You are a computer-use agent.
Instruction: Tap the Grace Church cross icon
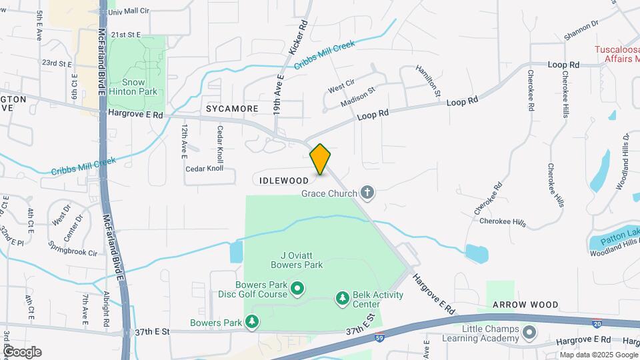pyautogui.click(x=367, y=193)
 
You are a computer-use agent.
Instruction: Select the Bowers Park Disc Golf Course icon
pyautogui.click(x=297, y=289)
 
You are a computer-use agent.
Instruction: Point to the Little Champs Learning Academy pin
pyautogui.click(x=529, y=331)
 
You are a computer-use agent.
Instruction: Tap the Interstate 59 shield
pyautogui.click(x=379, y=337)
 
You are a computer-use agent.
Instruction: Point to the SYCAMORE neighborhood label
pyautogui.click(x=232, y=108)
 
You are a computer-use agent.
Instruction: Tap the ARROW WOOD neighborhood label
pyautogui.click(x=525, y=305)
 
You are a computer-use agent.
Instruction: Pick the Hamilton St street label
pyautogui.click(x=429, y=81)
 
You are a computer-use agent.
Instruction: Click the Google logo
pyautogui.click(x=21, y=352)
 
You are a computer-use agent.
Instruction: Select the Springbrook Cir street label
pyautogui.click(x=73, y=249)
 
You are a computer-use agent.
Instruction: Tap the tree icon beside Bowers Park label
pyautogui.click(x=252, y=323)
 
